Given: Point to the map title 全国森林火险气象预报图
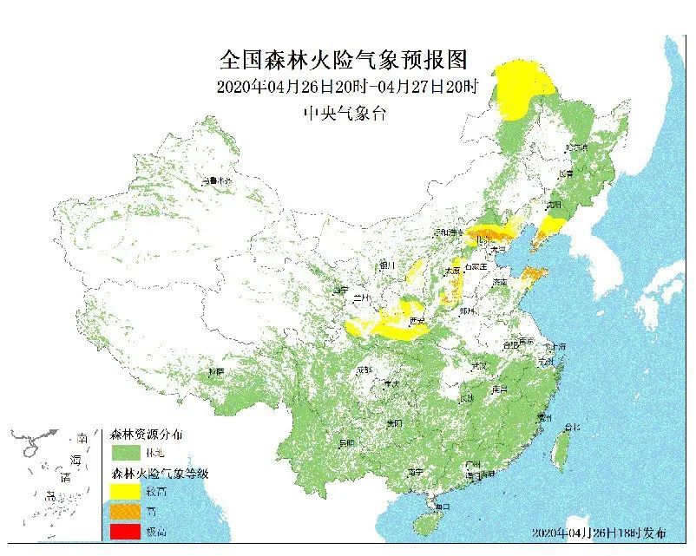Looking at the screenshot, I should [x=344, y=60].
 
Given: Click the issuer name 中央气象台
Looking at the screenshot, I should [x=344, y=113].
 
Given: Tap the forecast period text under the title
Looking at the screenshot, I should [x=345, y=87].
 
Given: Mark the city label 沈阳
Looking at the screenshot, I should [x=554, y=206].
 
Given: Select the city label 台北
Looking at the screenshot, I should [x=571, y=427].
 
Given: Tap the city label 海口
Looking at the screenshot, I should [x=443, y=505].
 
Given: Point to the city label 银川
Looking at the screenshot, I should [x=386, y=265].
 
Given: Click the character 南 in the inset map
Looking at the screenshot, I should [x=82, y=438].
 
